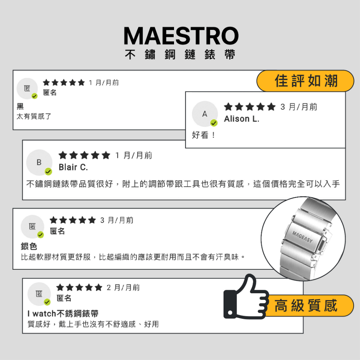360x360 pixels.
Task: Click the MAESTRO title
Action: pos(181,36)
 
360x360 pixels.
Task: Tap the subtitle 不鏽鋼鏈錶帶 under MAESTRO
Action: pos(180,54)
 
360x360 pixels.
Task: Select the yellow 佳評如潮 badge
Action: pos(306,81)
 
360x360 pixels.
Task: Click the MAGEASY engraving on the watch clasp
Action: pos(303,237)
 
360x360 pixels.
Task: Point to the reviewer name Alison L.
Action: pos(242,119)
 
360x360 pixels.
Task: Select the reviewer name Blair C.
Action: pos(73,167)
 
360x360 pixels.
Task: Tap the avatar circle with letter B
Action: pos(39,162)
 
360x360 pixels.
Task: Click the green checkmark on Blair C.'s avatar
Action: pos(48,171)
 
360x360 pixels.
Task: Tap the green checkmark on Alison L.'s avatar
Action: pos(214,123)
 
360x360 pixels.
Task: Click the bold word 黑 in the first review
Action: pos(20,106)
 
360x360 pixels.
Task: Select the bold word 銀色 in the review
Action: pos(29,246)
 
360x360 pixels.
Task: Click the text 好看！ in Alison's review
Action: pos(204,135)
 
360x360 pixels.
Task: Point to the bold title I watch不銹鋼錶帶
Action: pos(63,313)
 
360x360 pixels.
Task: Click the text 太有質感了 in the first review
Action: pos(34,116)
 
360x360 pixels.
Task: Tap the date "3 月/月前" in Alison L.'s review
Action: pos(299,107)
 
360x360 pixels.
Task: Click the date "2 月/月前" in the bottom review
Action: pos(123,288)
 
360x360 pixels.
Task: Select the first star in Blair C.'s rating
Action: pos(63,155)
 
